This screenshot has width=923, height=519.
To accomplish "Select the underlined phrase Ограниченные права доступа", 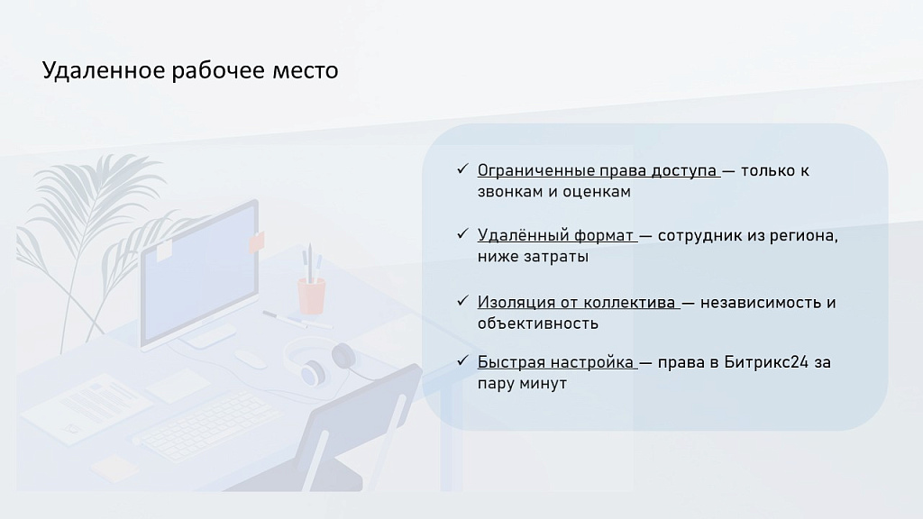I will (597, 170).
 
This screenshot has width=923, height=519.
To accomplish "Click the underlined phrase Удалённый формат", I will (556, 235).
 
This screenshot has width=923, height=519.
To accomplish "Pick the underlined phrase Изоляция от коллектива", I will (576, 302).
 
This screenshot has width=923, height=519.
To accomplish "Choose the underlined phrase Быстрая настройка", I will (556, 362).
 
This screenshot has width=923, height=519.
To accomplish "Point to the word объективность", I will (538, 323).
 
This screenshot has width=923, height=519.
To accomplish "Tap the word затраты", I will (559, 257).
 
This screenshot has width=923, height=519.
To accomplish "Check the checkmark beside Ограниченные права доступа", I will (461, 169).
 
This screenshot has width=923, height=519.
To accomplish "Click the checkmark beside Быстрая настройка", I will (461, 361).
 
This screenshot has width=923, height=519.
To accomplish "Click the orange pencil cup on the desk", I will (311, 294).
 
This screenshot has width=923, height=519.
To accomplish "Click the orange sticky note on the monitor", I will (257, 241).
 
